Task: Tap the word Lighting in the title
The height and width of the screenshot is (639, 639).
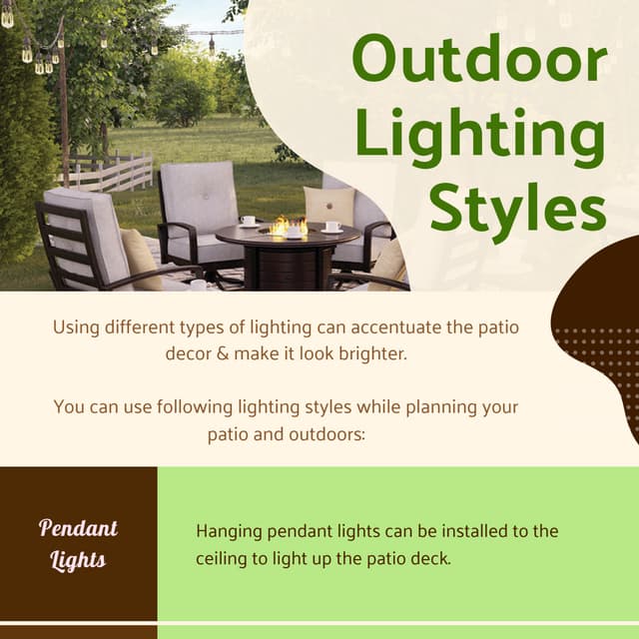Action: [479, 138]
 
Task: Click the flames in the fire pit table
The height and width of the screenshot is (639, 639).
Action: [288, 225]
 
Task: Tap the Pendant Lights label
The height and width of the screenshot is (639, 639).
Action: [78, 544]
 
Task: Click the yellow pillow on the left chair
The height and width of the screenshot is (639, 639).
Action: [141, 259]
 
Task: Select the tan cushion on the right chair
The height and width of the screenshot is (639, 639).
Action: [329, 206]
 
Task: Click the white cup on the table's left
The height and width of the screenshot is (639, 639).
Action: [248, 221]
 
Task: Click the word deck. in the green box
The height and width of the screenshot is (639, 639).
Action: [432, 558]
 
